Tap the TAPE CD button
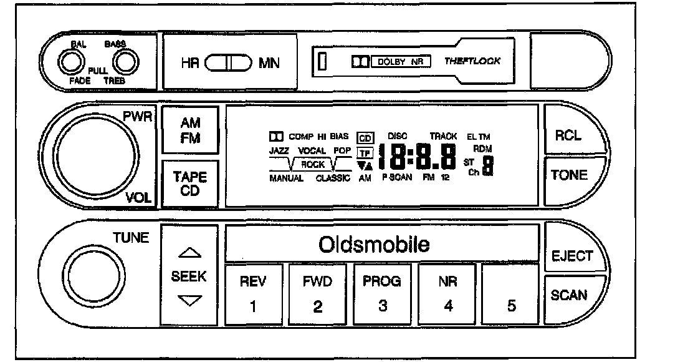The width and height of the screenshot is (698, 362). coord(189,183)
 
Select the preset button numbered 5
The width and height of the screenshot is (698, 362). coord(512,296)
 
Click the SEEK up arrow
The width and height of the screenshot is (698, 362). coord(189,253)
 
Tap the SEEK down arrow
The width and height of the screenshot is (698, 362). coord(189,301)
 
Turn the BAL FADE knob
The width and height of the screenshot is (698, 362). coord(70,62)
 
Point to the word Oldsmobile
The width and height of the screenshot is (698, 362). coord(374,244)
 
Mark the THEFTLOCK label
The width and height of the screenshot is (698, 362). coord(472,62)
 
